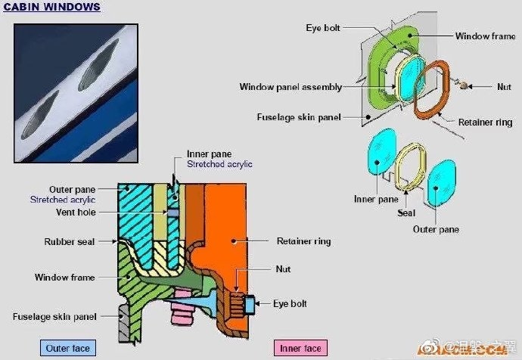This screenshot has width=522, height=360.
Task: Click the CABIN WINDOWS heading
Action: [52, 8]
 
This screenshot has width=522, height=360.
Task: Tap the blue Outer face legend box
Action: [67, 349]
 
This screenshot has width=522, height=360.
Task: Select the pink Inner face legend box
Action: [300, 349]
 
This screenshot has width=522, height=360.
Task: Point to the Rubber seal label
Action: [70, 243]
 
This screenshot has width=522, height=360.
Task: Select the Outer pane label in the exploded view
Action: [437, 229]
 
